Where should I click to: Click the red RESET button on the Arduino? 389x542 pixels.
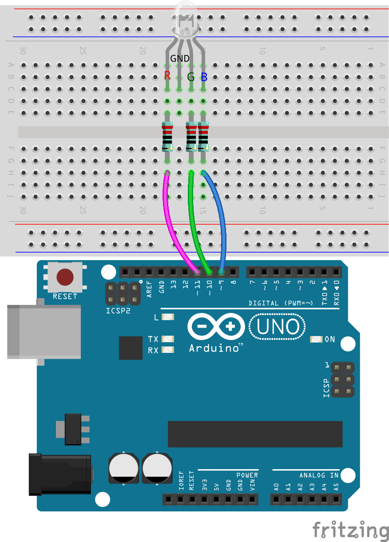point(65,277)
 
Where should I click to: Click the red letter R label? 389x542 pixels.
point(167,75)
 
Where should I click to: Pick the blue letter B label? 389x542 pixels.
point(204,77)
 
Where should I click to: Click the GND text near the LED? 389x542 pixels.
point(179,58)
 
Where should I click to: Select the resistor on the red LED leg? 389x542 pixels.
point(167,137)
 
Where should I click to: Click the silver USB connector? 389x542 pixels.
point(44,332)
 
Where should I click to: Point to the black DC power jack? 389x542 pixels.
point(60,475)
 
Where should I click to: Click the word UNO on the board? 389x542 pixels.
point(278,326)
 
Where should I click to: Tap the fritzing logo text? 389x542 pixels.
point(350,530)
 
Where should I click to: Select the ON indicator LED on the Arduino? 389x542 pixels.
point(316,339)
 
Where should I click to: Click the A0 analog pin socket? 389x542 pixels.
point(276,499)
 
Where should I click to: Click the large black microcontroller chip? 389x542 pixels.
point(255,434)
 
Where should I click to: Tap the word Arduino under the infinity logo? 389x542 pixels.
point(214,348)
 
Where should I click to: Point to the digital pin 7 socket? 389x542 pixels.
point(252,272)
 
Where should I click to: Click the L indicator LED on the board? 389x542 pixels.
point(168,317)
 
